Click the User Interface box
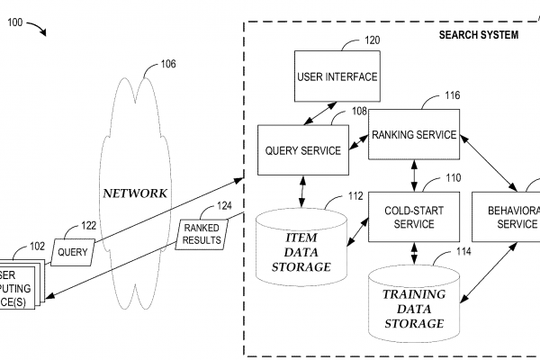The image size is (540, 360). click(337, 77)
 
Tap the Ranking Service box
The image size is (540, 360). click(414, 135)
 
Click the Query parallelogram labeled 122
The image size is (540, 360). click(73, 252)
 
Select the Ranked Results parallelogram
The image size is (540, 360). click(201, 234)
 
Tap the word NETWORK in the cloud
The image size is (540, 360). click(134, 193)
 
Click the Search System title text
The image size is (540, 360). click(478, 35)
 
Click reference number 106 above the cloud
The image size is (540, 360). click(168, 64)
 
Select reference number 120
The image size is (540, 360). click(372, 40)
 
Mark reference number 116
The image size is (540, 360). click(452, 94)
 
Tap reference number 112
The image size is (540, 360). click(355, 195)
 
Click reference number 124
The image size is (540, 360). click(224, 206)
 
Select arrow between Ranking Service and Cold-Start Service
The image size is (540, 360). click(414, 176)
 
